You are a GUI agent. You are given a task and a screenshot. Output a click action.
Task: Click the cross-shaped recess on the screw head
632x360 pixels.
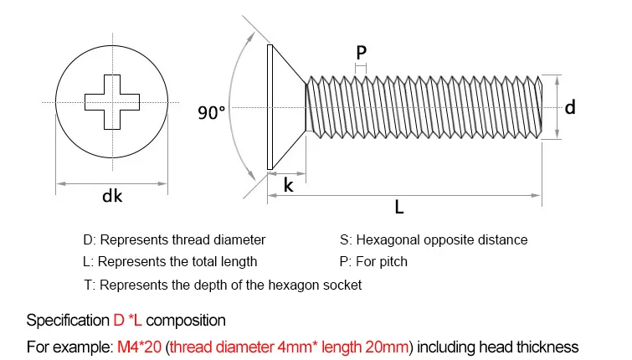coord(112,102)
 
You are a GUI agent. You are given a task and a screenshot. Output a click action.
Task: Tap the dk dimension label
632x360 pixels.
coord(112,197)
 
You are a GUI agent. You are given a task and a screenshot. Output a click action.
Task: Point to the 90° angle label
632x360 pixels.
coord(211,112)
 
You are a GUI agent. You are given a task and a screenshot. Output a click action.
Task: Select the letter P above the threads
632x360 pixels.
coord(361,53)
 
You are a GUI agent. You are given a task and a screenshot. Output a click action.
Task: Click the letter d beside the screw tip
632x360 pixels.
coord(570,107)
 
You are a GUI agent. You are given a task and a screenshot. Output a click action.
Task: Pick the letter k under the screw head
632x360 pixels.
coord(288,185)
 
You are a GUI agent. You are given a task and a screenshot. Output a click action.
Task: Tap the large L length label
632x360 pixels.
coord(399,207)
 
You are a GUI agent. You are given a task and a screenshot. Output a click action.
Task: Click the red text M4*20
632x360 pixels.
coord(139,347)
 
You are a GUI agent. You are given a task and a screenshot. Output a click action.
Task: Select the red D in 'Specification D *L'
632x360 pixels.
coord(119,321)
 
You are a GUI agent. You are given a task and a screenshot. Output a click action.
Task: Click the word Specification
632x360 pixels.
coord(68,321)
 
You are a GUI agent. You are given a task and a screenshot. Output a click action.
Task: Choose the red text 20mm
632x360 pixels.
coord(387,347)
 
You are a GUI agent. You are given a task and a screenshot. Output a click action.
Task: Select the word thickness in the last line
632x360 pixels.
coord(547,347)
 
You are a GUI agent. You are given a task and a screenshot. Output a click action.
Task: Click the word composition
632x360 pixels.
coord(186,321)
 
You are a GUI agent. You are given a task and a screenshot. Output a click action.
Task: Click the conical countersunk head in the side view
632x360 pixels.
coord(285,107)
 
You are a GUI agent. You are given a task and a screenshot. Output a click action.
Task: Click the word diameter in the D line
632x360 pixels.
coord(239,240)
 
